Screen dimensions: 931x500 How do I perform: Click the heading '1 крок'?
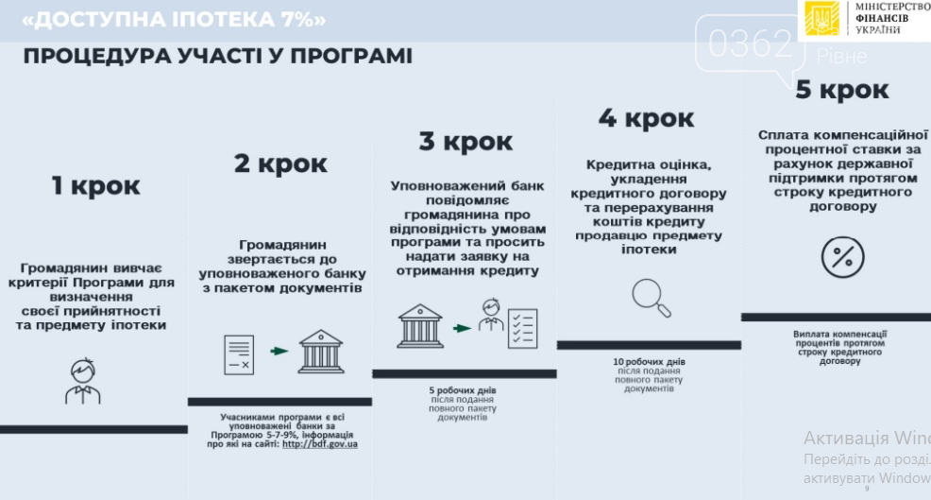click(95, 185)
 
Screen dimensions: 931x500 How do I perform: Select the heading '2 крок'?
click(280, 164)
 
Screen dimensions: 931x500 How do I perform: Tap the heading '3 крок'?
click(465, 142)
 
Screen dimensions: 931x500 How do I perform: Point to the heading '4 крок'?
click(646, 118)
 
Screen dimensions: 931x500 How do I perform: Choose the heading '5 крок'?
click(842, 90)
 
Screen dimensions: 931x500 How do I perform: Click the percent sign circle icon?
click(842, 257)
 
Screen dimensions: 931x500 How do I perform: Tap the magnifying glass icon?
click(652, 298)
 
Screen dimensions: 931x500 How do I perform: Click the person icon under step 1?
click(82, 381)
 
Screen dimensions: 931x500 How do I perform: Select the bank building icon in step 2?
click(321, 352)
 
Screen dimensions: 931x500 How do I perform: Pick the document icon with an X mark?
click(239, 355)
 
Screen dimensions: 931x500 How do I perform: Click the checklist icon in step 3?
click(522, 328)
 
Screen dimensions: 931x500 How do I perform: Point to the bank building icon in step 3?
click(420, 326)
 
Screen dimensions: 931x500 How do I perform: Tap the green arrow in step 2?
click(279, 351)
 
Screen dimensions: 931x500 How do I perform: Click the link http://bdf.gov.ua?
click(320, 444)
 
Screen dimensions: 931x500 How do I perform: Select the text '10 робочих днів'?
click(649, 361)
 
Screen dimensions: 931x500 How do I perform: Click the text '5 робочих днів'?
click(463, 390)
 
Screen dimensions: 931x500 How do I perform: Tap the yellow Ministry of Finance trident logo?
click(821, 19)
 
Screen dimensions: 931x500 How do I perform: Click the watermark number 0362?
click(751, 43)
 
